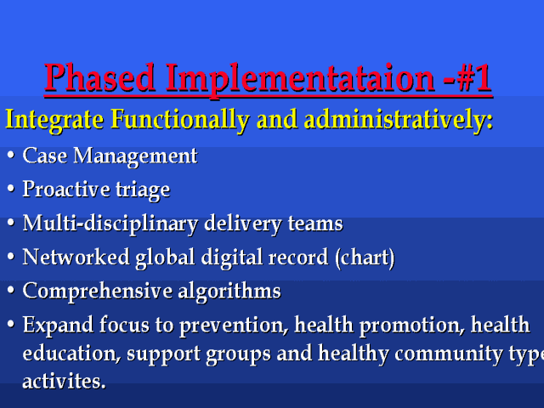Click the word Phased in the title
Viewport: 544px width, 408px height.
pyautogui.click(x=99, y=77)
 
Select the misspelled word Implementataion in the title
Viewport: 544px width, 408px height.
pyautogui.click(x=300, y=79)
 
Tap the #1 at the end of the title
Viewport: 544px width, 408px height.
pyautogui.click(x=473, y=77)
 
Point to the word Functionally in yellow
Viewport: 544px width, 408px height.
pyautogui.click(x=180, y=120)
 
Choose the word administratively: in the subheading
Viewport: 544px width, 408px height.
pyautogui.click(x=399, y=120)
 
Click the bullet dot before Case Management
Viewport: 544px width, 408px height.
pyautogui.click(x=11, y=155)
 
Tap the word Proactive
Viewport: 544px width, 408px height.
pyautogui.click(x=66, y=189)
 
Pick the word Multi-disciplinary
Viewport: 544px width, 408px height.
pyautogui.click(x=110, y=224)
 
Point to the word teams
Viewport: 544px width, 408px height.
pyautogui.click(x=315, y=224)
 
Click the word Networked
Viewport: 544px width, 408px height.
pyautogui.click(x=76, y=257)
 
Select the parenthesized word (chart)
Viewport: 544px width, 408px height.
pyautogui.click(x=365, y=258)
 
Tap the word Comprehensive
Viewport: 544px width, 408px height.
pyautogui.click(x=98, y=291)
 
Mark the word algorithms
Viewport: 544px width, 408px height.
pyautogui.click(x=229, y=291)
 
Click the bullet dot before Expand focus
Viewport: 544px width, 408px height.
pyautogui.click(x=11, y=325)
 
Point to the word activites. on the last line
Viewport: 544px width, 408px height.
pyautogui.click(x=64, y=382)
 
